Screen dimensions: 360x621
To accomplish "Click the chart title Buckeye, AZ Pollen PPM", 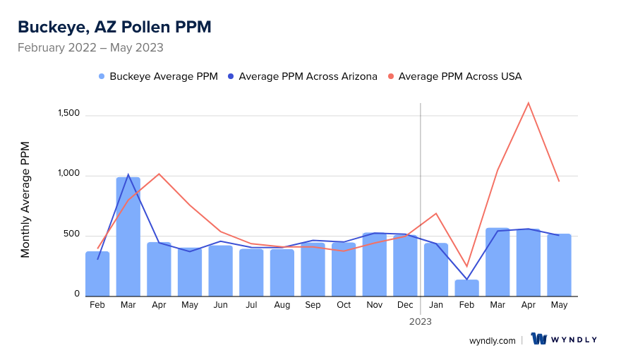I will [114, 27].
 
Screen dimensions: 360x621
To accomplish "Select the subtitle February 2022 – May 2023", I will [90, 48].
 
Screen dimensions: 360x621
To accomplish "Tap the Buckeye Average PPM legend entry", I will [158, 76].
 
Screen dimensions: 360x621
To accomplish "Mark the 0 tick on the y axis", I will [77, 294].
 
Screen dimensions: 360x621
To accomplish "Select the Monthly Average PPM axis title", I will [25, 200].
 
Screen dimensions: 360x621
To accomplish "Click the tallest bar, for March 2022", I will [128, 236].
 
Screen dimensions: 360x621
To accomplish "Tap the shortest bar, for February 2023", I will [466, 288].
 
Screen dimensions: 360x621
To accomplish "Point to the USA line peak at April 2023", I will [528, 103].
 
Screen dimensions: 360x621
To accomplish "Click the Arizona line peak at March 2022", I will [128, 174].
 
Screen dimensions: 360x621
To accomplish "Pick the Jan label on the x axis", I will [436, 305].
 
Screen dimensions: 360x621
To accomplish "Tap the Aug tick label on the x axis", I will [282, 305].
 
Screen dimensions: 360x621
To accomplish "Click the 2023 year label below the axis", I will [421, 321].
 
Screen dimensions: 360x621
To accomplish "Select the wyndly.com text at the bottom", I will [492, 340].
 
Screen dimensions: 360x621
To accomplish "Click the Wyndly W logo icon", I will [539, 340].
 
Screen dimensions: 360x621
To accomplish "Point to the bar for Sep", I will [313, 269].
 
